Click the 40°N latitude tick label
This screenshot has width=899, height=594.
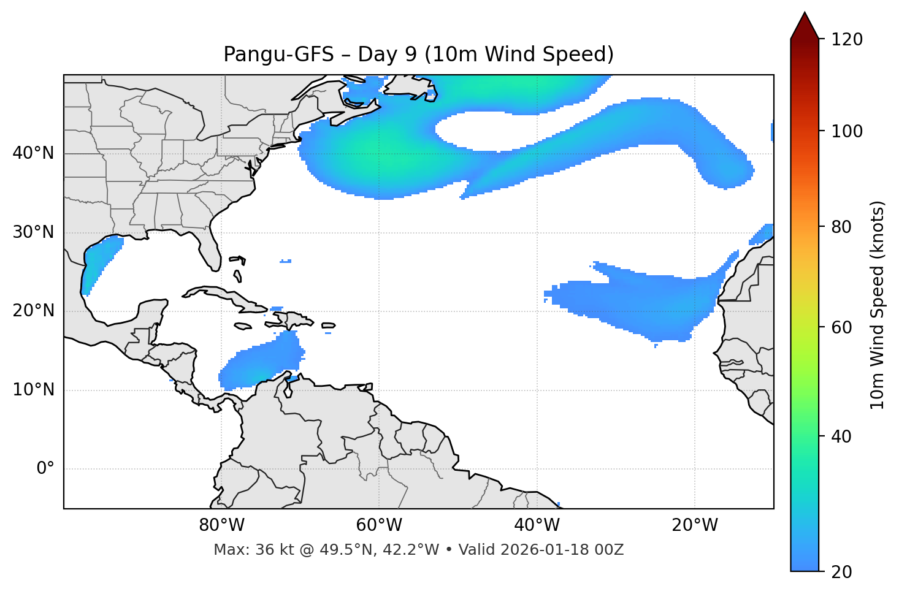coord(33,153)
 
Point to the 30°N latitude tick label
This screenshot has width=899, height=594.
coord(33,232)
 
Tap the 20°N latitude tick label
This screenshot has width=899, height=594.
coord(33,311)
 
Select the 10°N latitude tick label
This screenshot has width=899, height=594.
coord(33,390)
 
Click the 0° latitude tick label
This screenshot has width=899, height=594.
coord(45,469)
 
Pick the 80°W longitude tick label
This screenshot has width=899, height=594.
coord(221,525)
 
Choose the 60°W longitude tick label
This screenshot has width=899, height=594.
coord(379,525)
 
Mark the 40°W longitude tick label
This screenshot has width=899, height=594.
coord(537,525)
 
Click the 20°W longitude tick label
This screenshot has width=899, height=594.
coord(695,525)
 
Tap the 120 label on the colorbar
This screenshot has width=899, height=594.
coord(847,40)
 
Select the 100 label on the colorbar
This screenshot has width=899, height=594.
coord(847,131)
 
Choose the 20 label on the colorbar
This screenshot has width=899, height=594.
coord(841,572)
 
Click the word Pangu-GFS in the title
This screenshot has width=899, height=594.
coord(278,55)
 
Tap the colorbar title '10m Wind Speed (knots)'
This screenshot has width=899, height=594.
coord(878,305)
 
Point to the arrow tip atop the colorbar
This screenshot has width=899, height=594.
coord(805,13)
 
